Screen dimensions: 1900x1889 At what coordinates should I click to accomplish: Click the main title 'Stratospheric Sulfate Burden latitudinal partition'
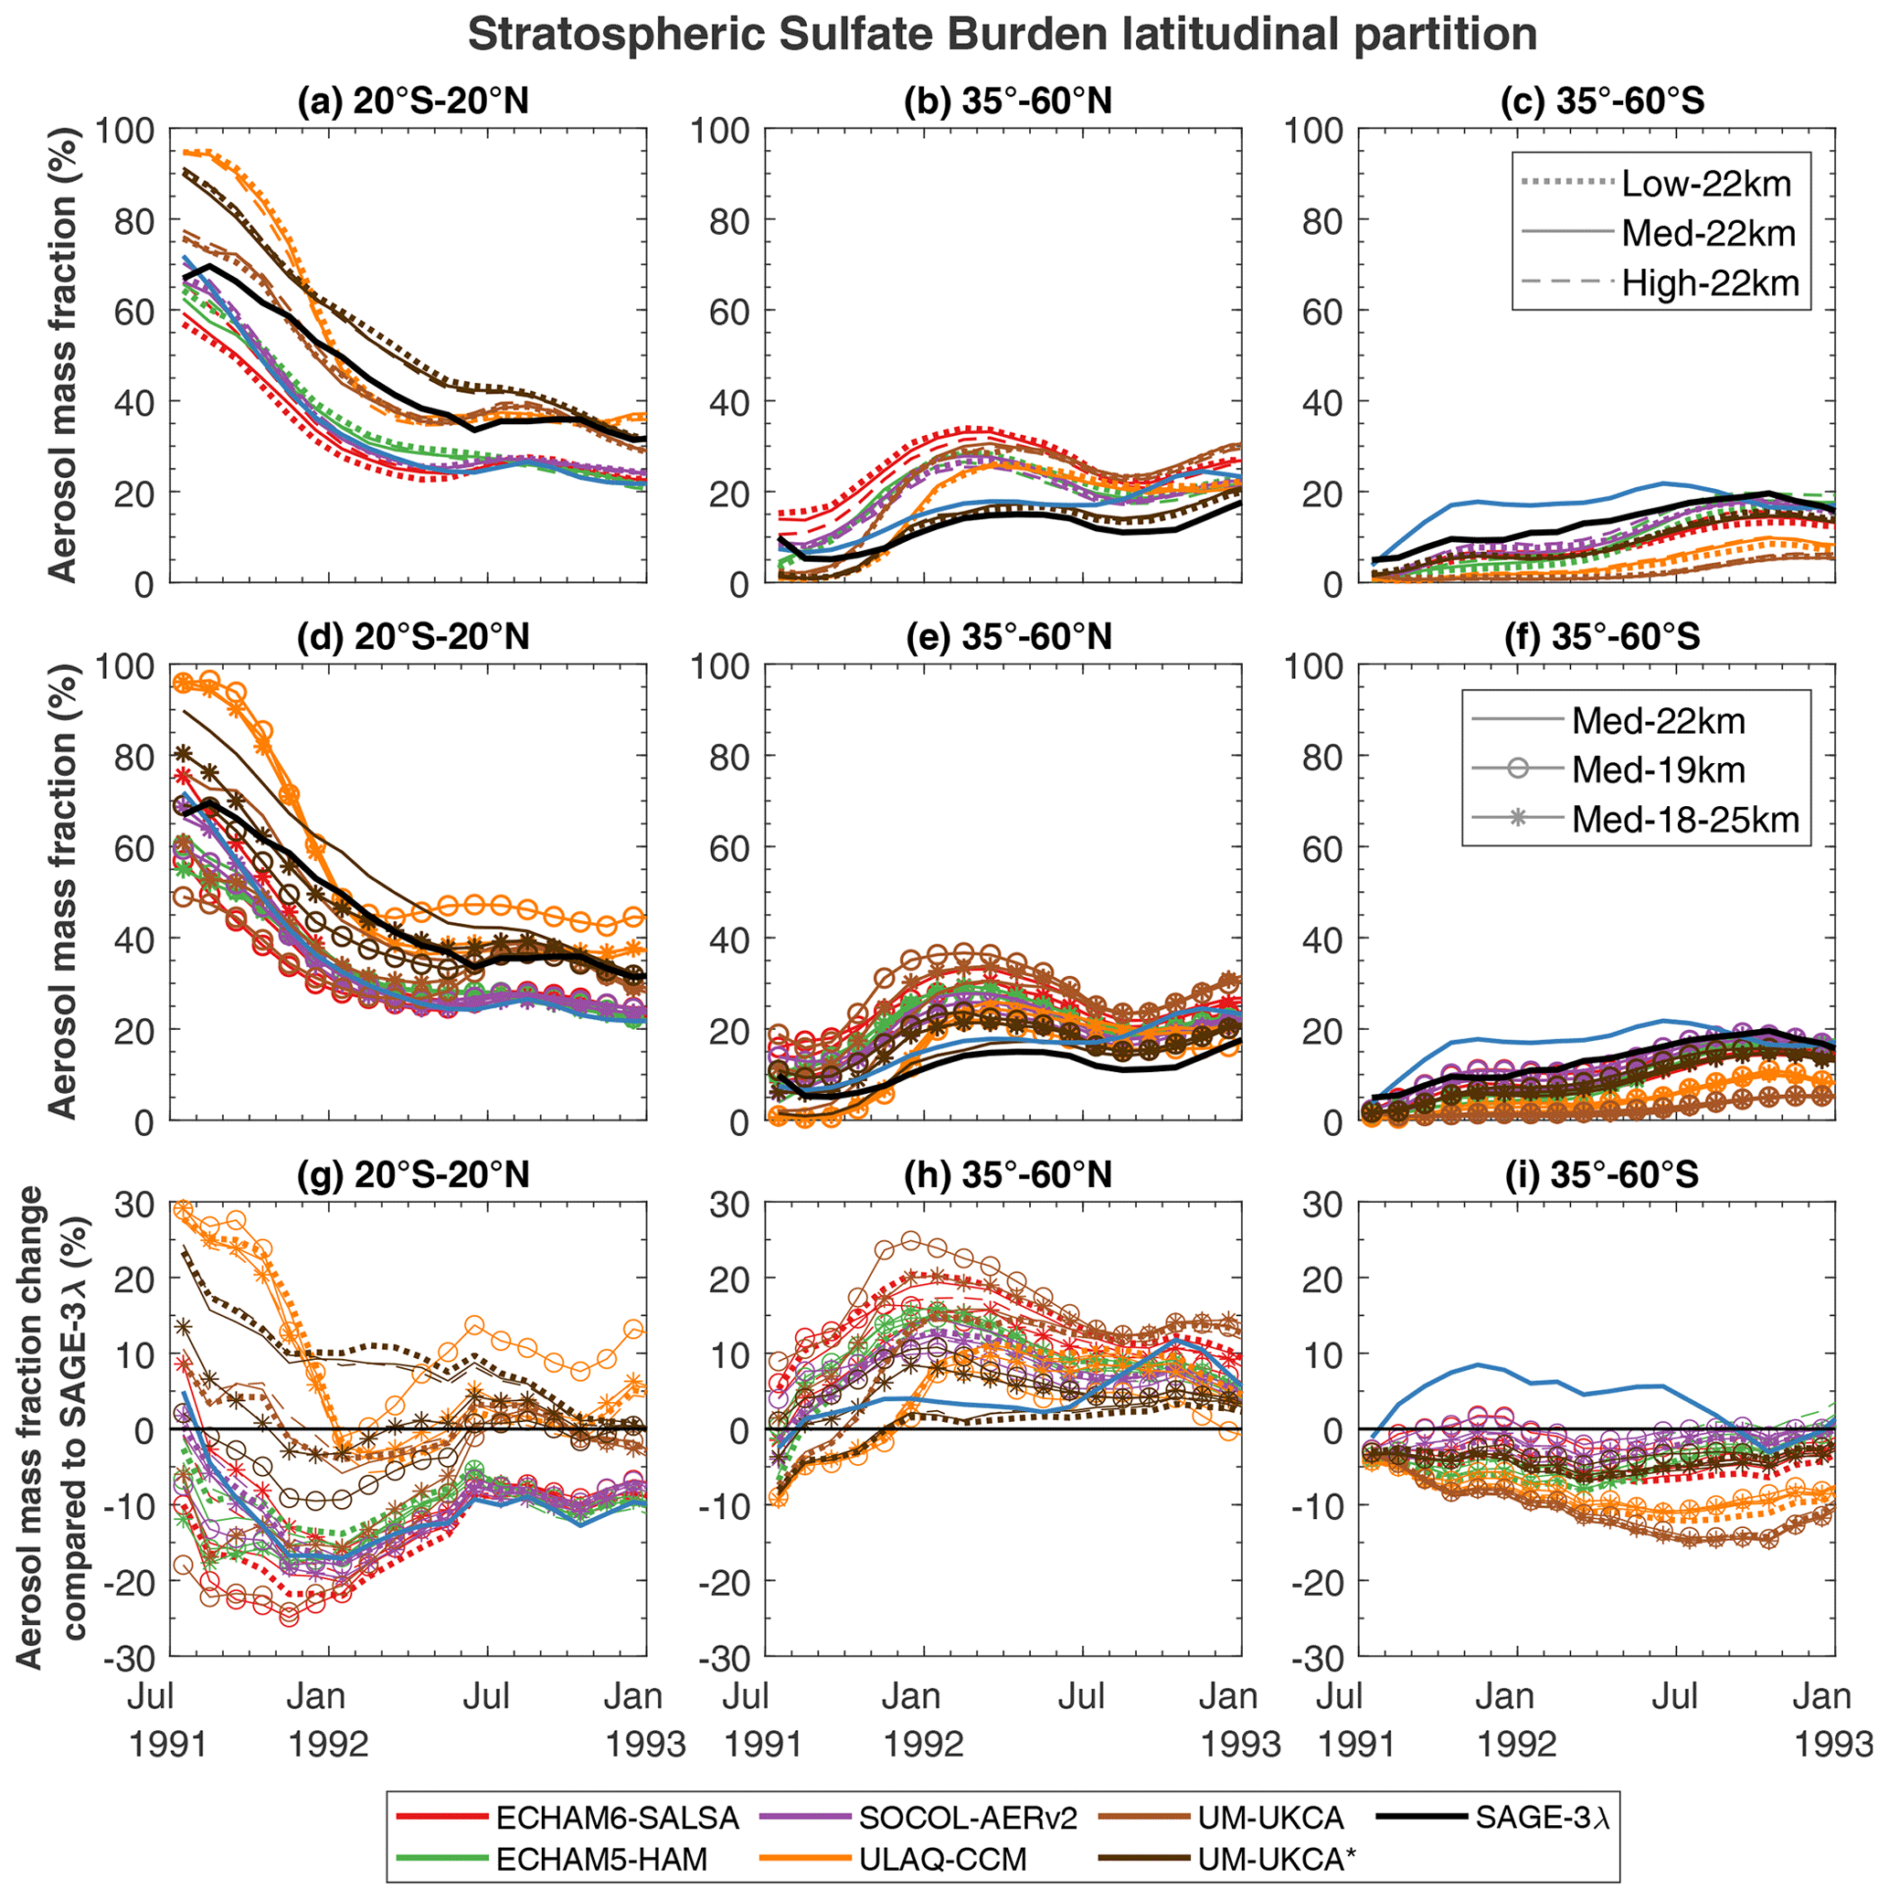click(1001, 36)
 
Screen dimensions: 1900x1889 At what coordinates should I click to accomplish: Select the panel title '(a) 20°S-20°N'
click(413, 101)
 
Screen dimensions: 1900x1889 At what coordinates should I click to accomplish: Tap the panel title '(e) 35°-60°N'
click(1007, 636)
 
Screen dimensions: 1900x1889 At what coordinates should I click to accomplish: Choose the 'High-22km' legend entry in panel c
click(1709, 283)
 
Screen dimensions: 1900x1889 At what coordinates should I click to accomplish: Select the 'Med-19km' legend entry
click(1658, 770)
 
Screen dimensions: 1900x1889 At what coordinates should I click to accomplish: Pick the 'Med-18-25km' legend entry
click(1684, 819)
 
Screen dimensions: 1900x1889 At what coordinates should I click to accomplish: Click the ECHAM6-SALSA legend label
click(618, 1818)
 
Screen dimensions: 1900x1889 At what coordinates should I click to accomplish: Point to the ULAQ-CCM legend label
click(942, 1859)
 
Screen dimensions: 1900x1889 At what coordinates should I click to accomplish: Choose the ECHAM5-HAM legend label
click(600, 1859)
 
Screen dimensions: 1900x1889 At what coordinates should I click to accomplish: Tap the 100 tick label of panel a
click(125, 131)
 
